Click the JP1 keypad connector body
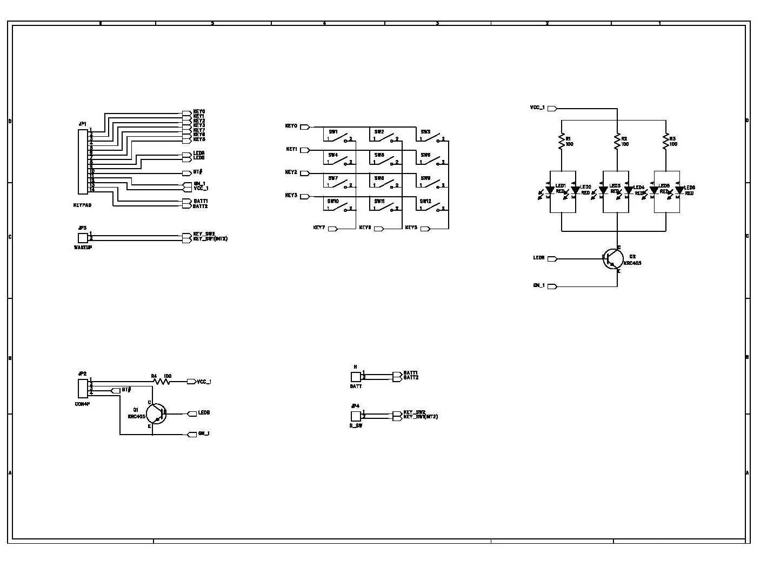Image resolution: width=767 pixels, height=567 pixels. click(x=83, y=162)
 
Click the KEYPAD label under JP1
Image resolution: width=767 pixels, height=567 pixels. click(x=82, y=205)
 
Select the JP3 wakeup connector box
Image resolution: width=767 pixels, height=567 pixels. click(x=83, y=238)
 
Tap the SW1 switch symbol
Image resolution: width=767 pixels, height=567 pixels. click(x=339, y=137)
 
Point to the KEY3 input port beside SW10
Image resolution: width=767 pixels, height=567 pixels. click(x=305, y=196)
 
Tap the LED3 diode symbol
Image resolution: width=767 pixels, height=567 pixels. click(x=603, y=190)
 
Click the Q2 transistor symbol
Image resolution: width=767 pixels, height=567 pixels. click(x=612, y=259)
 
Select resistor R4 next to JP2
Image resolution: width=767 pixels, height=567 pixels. click(x=161, y=381)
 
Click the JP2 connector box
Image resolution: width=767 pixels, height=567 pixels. click(x=83, y=386)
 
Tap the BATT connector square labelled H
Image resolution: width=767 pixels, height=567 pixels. click(x=355, y=377)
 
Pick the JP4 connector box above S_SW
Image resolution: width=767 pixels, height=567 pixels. click(x=355, y=416)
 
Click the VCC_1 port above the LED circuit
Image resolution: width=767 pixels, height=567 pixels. click(x=552, y=109)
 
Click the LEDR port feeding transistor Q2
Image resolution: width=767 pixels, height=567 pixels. click(x=552, y=259)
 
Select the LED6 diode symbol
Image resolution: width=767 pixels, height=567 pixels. click(x=679, y=190)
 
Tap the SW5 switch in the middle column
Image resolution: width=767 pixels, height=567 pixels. click(x=386, y=161)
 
